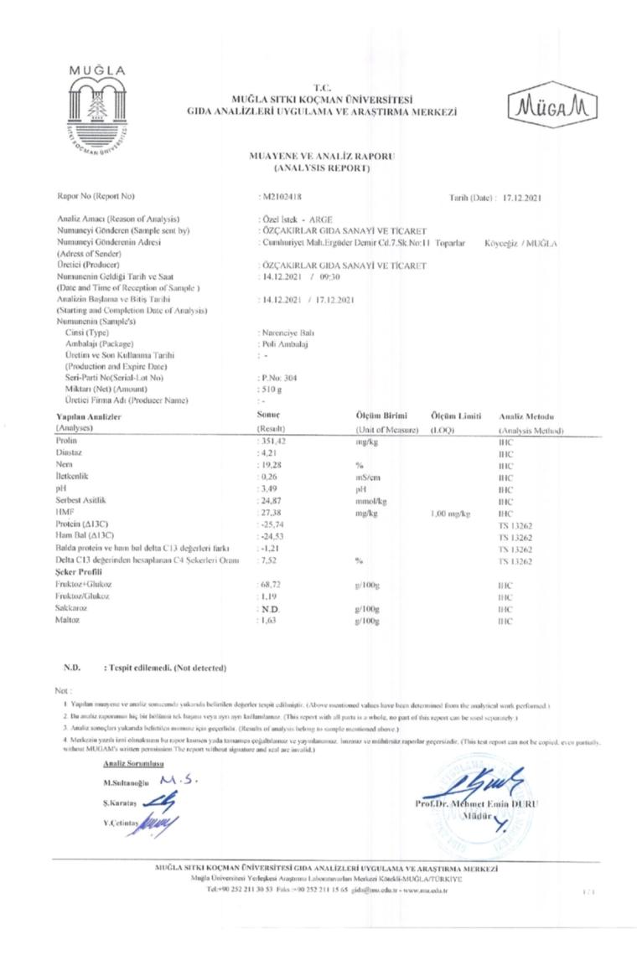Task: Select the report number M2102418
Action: coord(280,197)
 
